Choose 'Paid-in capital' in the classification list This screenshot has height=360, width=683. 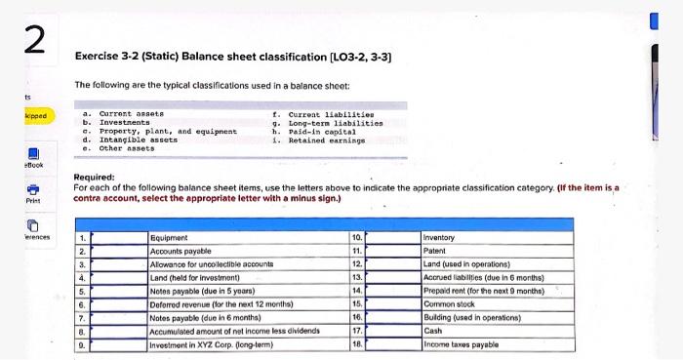coord(313,130)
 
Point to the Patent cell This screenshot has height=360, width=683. coord(436,251)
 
